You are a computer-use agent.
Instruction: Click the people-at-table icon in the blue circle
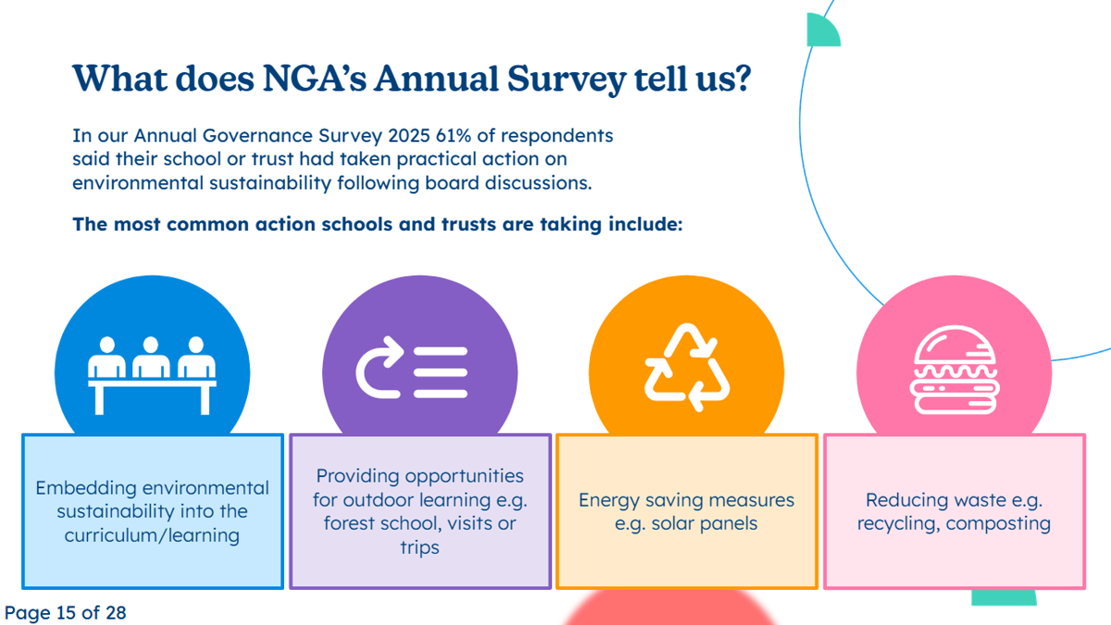pyautogui.click(x=152, y=373)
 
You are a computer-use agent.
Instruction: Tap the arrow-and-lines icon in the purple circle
pyautogui.click(x=412, y=373)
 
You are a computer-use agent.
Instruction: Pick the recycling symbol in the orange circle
pyautogui.click(x=687, y=368)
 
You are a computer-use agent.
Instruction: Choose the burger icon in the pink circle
pyautogui.click(x=954, y=371)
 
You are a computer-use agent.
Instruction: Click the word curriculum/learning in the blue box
pyautogui.click(x=152, y=535)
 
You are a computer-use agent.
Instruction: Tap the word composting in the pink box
pyautogui.click(x=1000, y=523)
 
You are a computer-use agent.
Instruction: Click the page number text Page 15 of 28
pyautogui.click(x=65, y=612)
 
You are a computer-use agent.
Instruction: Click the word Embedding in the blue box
pyautogui.click(x=86, y=488)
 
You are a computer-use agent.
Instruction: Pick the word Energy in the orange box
pyautogui.click(x=608, y=500)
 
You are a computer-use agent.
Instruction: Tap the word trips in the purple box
pyautogui.click(x=420, y=547)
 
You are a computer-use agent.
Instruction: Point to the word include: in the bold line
pyautogui.click(x=644, y=224)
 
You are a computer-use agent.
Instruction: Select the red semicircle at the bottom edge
pyautogui.click(x=669, y=612)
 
